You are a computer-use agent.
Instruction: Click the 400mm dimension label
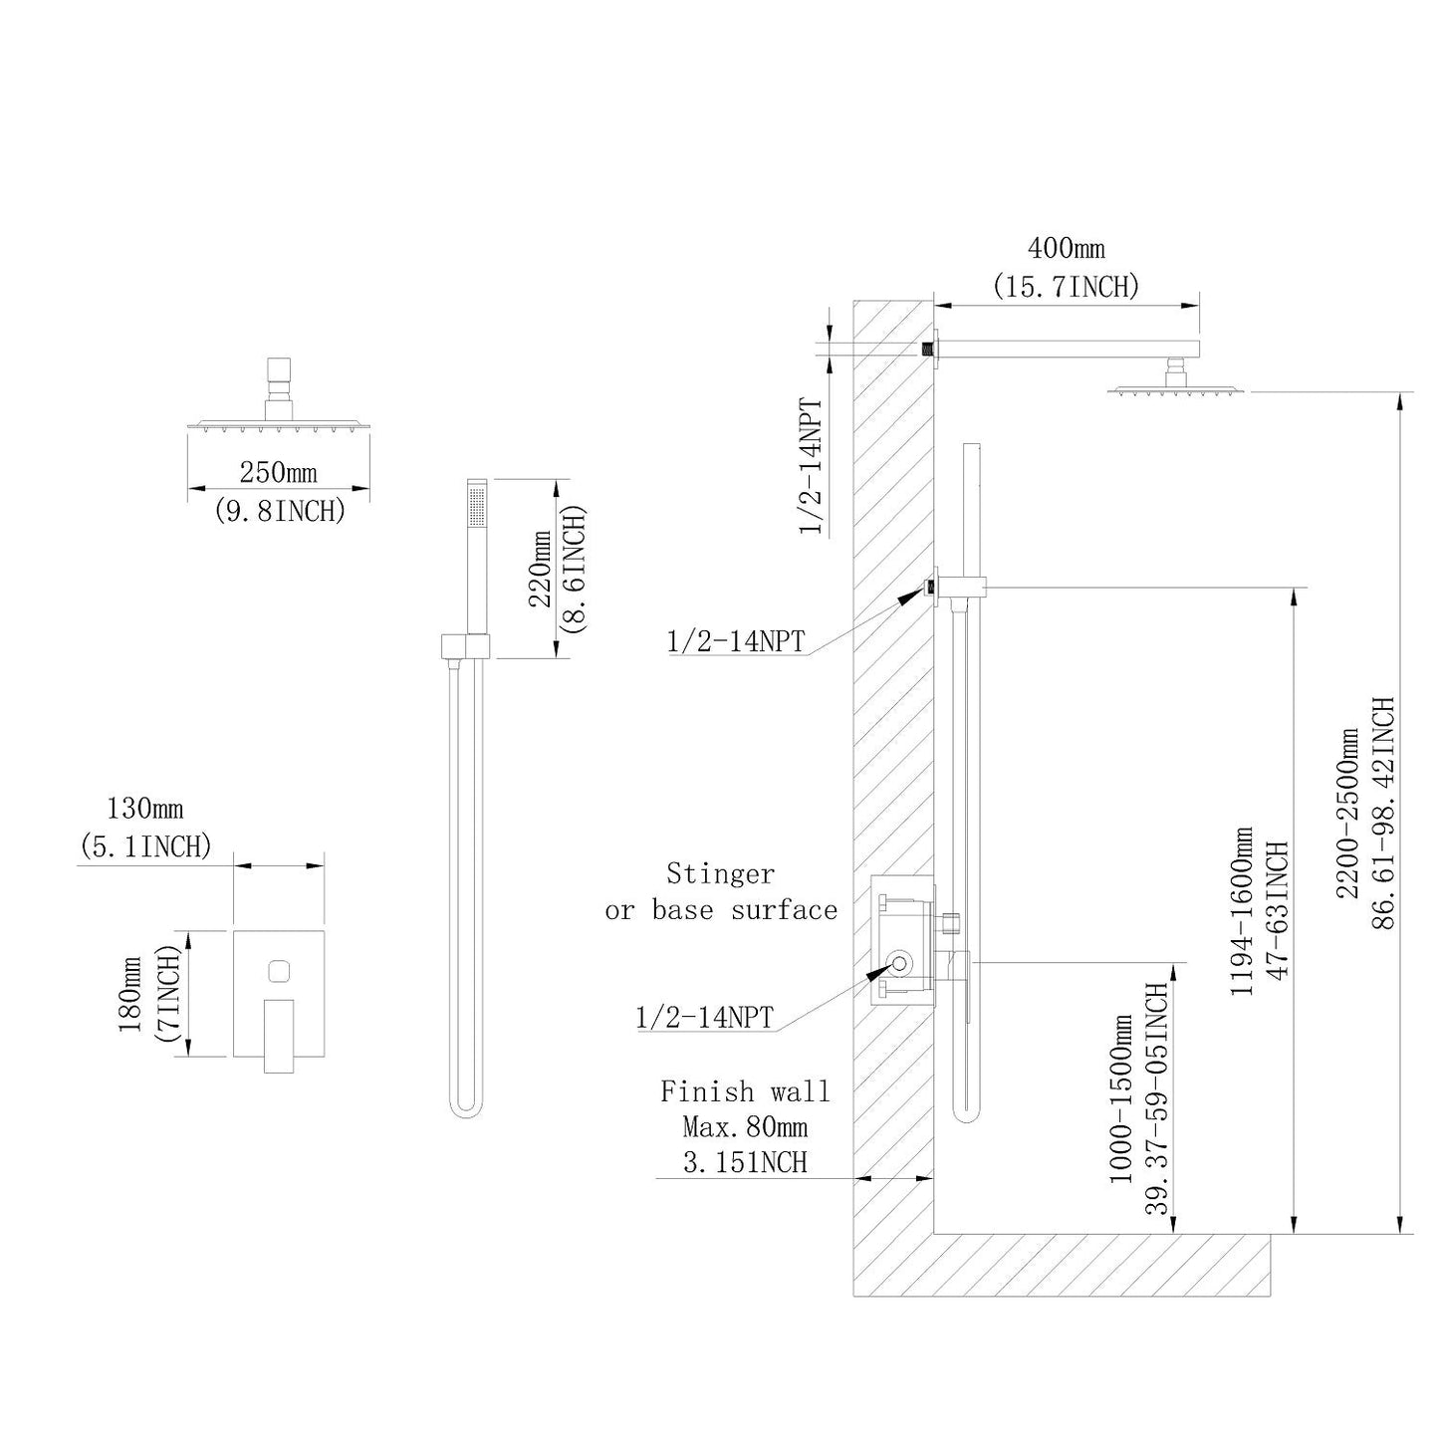[1065, 247]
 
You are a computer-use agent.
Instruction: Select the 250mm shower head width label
[279, 471]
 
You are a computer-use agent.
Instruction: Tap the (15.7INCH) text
[1066, 287]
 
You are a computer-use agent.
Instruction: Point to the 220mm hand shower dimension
[539, 568]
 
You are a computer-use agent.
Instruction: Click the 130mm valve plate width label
[145, 807]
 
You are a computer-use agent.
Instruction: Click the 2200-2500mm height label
[1349, 813]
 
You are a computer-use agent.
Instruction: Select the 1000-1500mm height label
[1122, 1098]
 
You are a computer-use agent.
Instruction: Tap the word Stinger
[720, 874]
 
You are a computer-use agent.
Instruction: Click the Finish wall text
[745, 1091]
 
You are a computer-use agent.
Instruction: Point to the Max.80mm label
[745, 1127]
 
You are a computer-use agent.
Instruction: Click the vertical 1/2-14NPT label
[813, 467]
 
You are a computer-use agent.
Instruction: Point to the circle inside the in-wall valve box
[899, 963]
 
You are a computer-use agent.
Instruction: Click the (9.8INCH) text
[279, 511]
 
